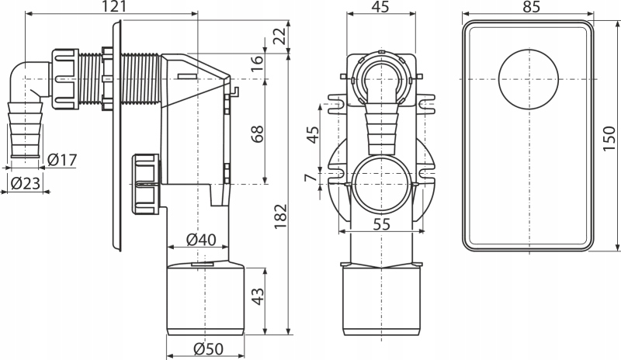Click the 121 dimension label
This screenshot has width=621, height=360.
tap(114, 6)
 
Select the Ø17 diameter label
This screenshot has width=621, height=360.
tap(62, 160)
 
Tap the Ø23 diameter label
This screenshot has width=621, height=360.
tap(26, 183)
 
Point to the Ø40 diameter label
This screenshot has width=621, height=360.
tap(201, 239)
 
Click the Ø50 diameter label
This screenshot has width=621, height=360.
tap(209, 348)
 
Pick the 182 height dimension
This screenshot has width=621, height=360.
tap(280, 216)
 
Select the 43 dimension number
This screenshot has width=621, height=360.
tap(258, 296)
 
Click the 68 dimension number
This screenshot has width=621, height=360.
tap(258, 134)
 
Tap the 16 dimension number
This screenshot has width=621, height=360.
tap(258, 63)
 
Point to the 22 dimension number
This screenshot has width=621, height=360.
tap(280, 36)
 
